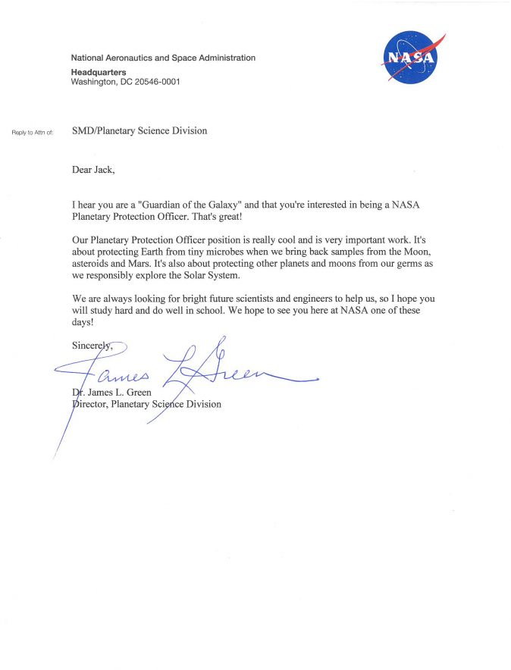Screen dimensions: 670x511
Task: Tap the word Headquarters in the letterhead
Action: [99, 72]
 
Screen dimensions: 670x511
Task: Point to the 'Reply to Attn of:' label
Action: [33, 132]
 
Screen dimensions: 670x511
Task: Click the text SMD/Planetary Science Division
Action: [140, 131]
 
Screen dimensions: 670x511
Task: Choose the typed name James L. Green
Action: [114, 393]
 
